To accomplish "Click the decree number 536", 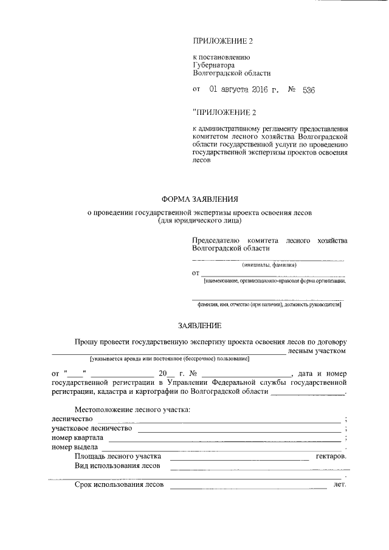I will tap(308, 90).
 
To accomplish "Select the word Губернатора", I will tap(213, 65).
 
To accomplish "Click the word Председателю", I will tap(217, 241).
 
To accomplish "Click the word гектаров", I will tap(331, 456).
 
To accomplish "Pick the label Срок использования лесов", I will tap(119, 485).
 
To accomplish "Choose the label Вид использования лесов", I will tap(117, 466).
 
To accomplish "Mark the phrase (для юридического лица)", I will tap(199, 221).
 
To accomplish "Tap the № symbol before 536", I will tap(292, 90).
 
